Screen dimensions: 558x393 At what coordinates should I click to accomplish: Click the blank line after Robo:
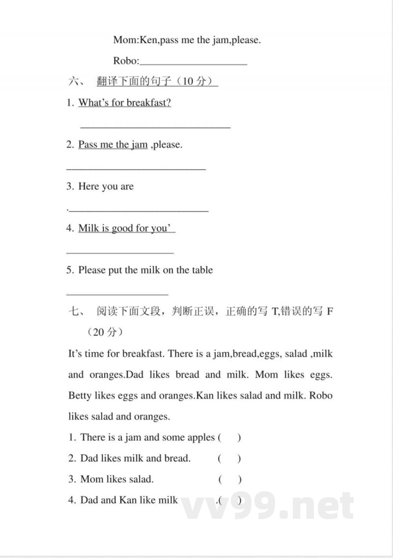194,63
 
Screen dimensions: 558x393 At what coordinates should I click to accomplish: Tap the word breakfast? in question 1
148,103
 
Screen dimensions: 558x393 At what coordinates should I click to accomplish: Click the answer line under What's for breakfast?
155,127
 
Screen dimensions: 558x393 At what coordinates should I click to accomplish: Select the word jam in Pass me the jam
139,145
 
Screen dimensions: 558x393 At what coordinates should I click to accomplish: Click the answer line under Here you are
139,211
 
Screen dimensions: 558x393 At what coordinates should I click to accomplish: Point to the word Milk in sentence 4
89,228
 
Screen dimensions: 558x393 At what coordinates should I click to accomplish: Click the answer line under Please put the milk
117,294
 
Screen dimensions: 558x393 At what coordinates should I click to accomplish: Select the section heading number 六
75,82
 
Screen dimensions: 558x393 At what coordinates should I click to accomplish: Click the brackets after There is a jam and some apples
229,437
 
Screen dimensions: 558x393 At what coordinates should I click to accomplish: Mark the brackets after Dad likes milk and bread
229,458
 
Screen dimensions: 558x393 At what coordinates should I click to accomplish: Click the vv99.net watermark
268,505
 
